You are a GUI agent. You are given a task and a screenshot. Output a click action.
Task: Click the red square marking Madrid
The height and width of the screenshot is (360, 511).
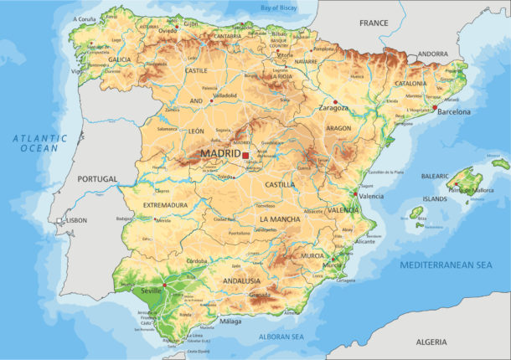(x=245, y=155)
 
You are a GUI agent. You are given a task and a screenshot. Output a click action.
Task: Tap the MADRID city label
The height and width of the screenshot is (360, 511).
(x=219, y=154)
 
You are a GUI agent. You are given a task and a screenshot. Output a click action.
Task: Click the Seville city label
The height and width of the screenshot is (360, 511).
(x=152, y=291)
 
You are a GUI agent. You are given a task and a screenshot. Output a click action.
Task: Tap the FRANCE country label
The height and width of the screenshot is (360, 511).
(x=374, y=23)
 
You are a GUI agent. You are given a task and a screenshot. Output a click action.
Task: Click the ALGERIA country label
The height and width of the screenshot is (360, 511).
(x=431, y=342)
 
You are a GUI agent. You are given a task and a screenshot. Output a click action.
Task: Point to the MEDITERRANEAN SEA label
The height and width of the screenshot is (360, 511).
(x=446, y=265)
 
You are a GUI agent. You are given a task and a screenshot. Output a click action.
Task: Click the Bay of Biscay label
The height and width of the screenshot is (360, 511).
(x=279, y=7)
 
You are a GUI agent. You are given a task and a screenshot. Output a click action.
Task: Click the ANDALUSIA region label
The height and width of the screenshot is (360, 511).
(x=241, y=280)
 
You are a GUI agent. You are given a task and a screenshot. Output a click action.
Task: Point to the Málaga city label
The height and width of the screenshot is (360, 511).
(x=230, y=321)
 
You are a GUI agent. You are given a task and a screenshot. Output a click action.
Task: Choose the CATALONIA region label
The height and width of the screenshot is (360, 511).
(x=411, y=84)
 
